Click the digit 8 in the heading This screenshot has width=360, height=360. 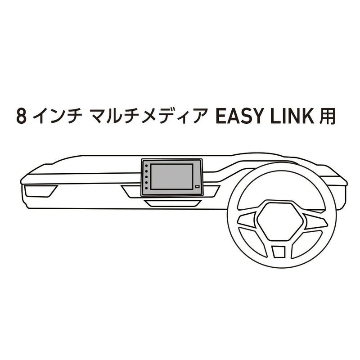click(21, 116)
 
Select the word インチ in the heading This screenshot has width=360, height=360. click(57, 116)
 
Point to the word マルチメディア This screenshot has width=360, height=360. click(147, 116)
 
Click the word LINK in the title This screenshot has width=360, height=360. click(292, 116)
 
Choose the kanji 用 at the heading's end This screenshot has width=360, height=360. click(328, 116)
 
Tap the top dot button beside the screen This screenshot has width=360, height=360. click(146, 166)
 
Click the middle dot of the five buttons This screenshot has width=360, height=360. click(146, 177)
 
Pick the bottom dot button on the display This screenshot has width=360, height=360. click(146, 188)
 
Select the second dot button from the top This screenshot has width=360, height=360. click(146, 171)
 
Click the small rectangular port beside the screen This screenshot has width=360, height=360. click(197, 187)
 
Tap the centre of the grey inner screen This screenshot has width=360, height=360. click(172, 176)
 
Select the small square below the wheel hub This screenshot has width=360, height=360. click(279, 252)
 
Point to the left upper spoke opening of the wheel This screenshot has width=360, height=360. click(247, 219)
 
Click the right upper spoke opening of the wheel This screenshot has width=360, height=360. click(316, 220)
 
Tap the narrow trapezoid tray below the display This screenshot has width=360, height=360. click(173, 203)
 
